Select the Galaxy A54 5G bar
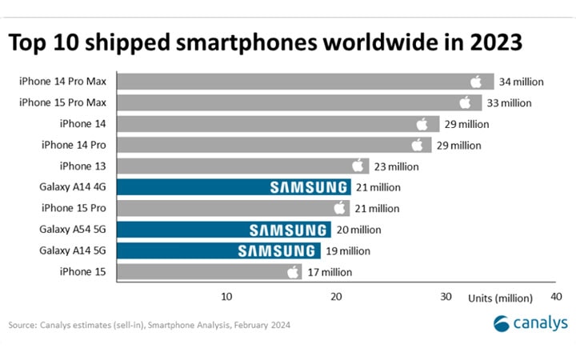pos(224,230)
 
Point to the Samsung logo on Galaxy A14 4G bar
pos(309,187)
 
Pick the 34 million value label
pos(522,81)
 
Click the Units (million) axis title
pos(501,298)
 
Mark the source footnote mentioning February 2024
pos(149,326)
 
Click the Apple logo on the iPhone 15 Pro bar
pos(341,208)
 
